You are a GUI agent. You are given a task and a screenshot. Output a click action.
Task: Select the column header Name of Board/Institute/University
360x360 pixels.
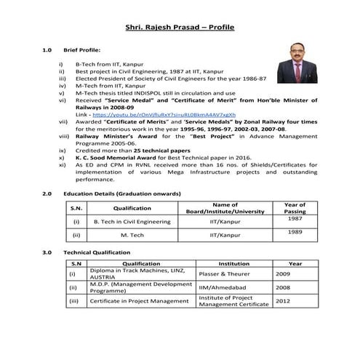(225, 207)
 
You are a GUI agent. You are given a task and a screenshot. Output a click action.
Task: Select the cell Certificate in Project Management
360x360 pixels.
(134, 300)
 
